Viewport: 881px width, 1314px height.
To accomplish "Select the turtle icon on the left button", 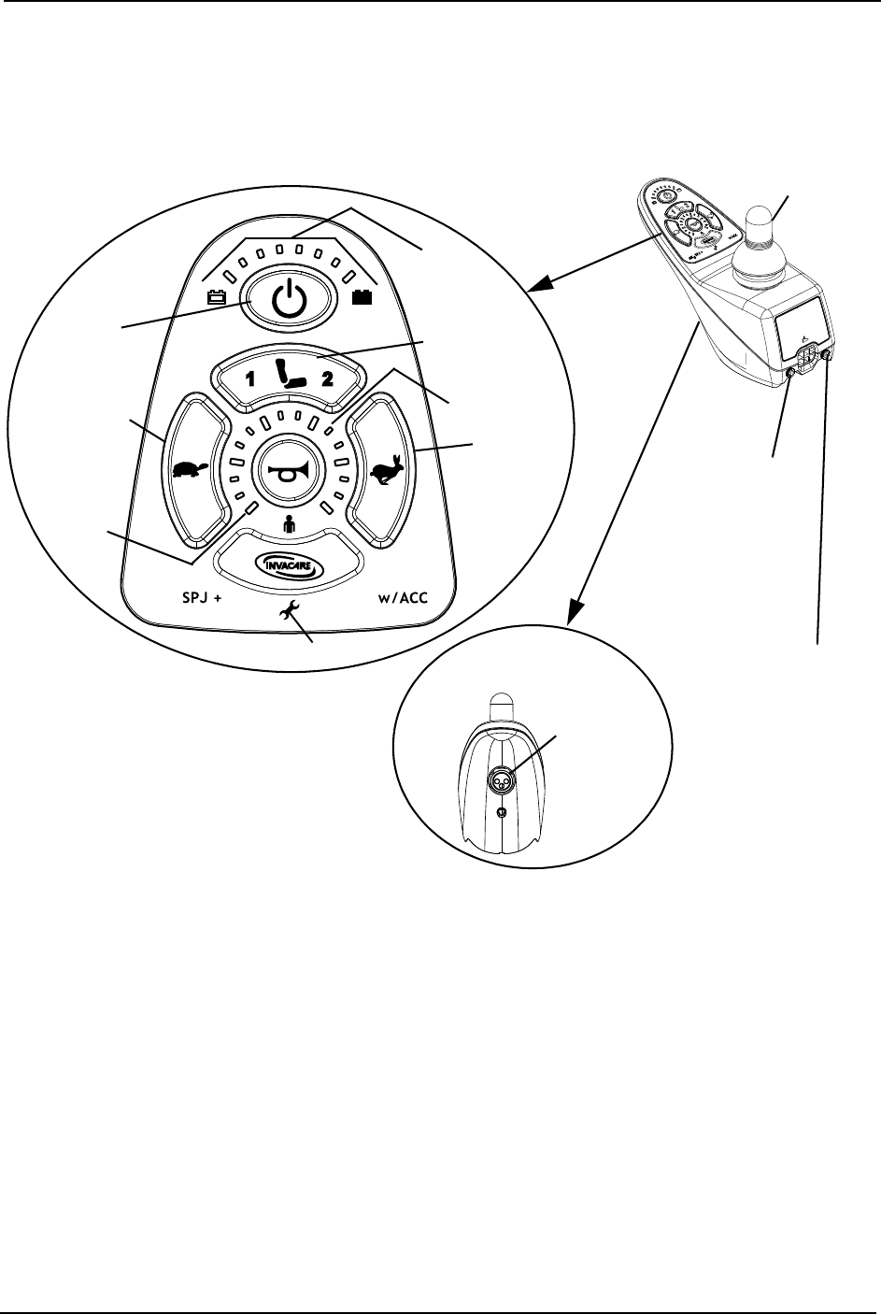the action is coord(190,468).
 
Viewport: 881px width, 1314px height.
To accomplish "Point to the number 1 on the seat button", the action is coord(249,379).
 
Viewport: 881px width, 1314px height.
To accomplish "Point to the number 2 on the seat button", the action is coord(327,379).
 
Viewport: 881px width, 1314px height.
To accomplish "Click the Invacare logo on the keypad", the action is coord(288,566).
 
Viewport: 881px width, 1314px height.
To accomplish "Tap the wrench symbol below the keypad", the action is coord(289,610).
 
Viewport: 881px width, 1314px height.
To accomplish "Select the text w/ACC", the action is coord(403,598).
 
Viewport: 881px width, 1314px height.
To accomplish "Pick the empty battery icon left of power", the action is coord(218,298).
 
